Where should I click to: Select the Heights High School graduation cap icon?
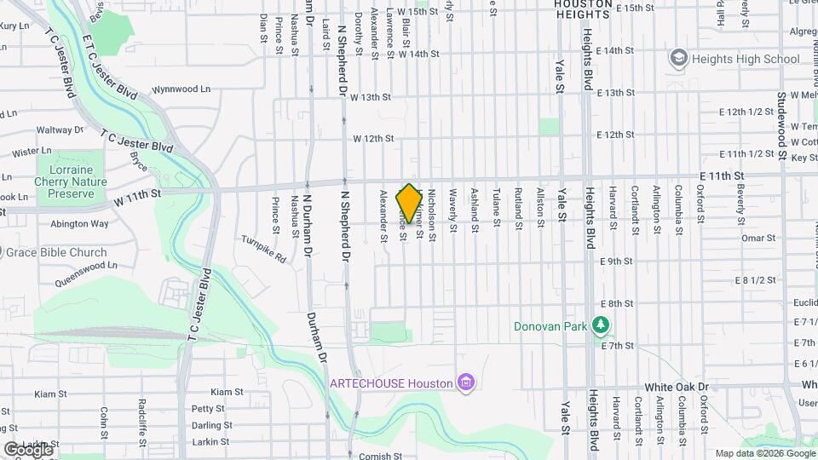[679, 58]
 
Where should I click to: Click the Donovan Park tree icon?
[602, 325]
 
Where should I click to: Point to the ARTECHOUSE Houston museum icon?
[465, 382]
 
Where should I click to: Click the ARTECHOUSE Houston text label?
[391, 383]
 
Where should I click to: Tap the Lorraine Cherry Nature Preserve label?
[71, 175]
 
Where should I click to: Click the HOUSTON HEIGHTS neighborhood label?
[583, 4]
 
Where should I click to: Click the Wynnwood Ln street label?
[181, 89]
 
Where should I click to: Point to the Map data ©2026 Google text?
[763, 453]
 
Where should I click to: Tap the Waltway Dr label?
[59, 130]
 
